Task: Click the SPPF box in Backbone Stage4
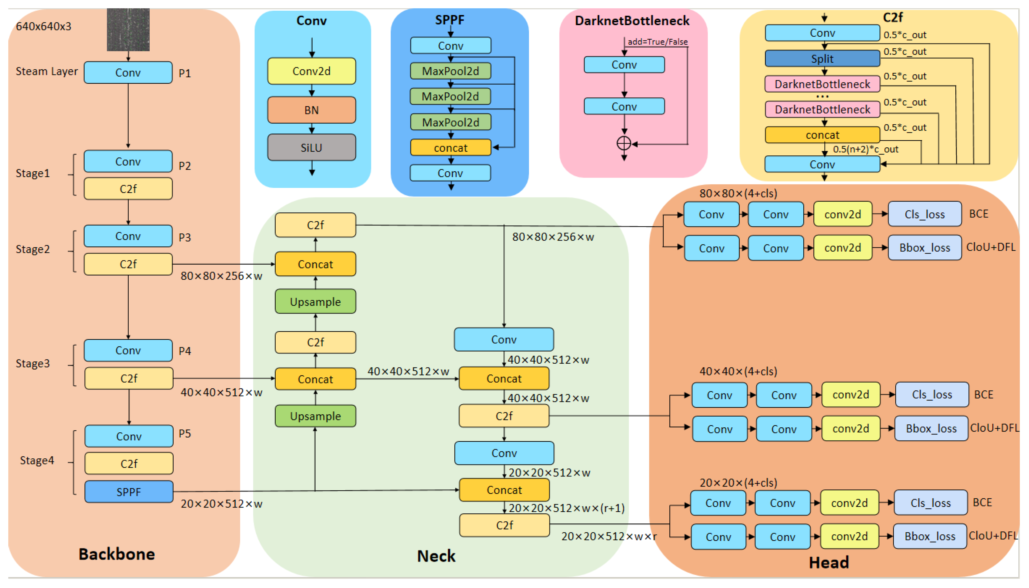129,492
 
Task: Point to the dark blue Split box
822,59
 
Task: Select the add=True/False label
657,42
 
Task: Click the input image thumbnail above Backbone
128,30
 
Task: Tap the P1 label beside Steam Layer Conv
185,73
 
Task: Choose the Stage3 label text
33,363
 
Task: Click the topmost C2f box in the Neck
315,225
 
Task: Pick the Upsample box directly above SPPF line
315,416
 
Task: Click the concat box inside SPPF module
450,148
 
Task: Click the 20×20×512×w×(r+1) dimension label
566,508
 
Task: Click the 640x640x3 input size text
43,26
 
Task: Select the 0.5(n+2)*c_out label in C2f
865,149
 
